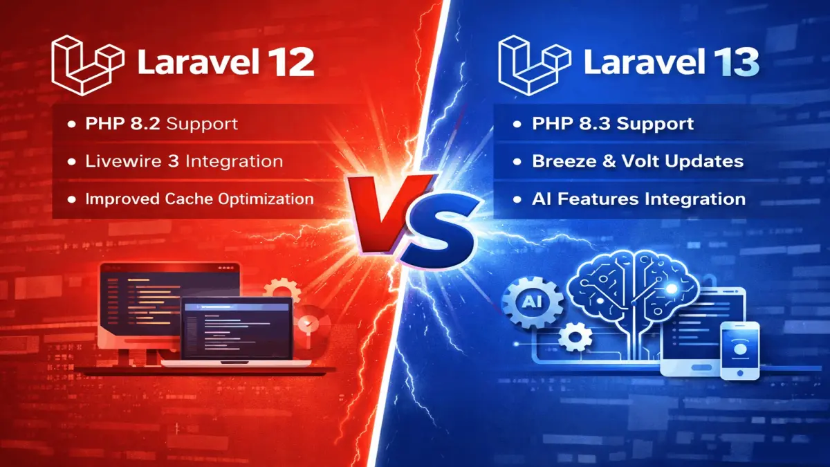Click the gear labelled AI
528,302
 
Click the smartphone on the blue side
739,350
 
